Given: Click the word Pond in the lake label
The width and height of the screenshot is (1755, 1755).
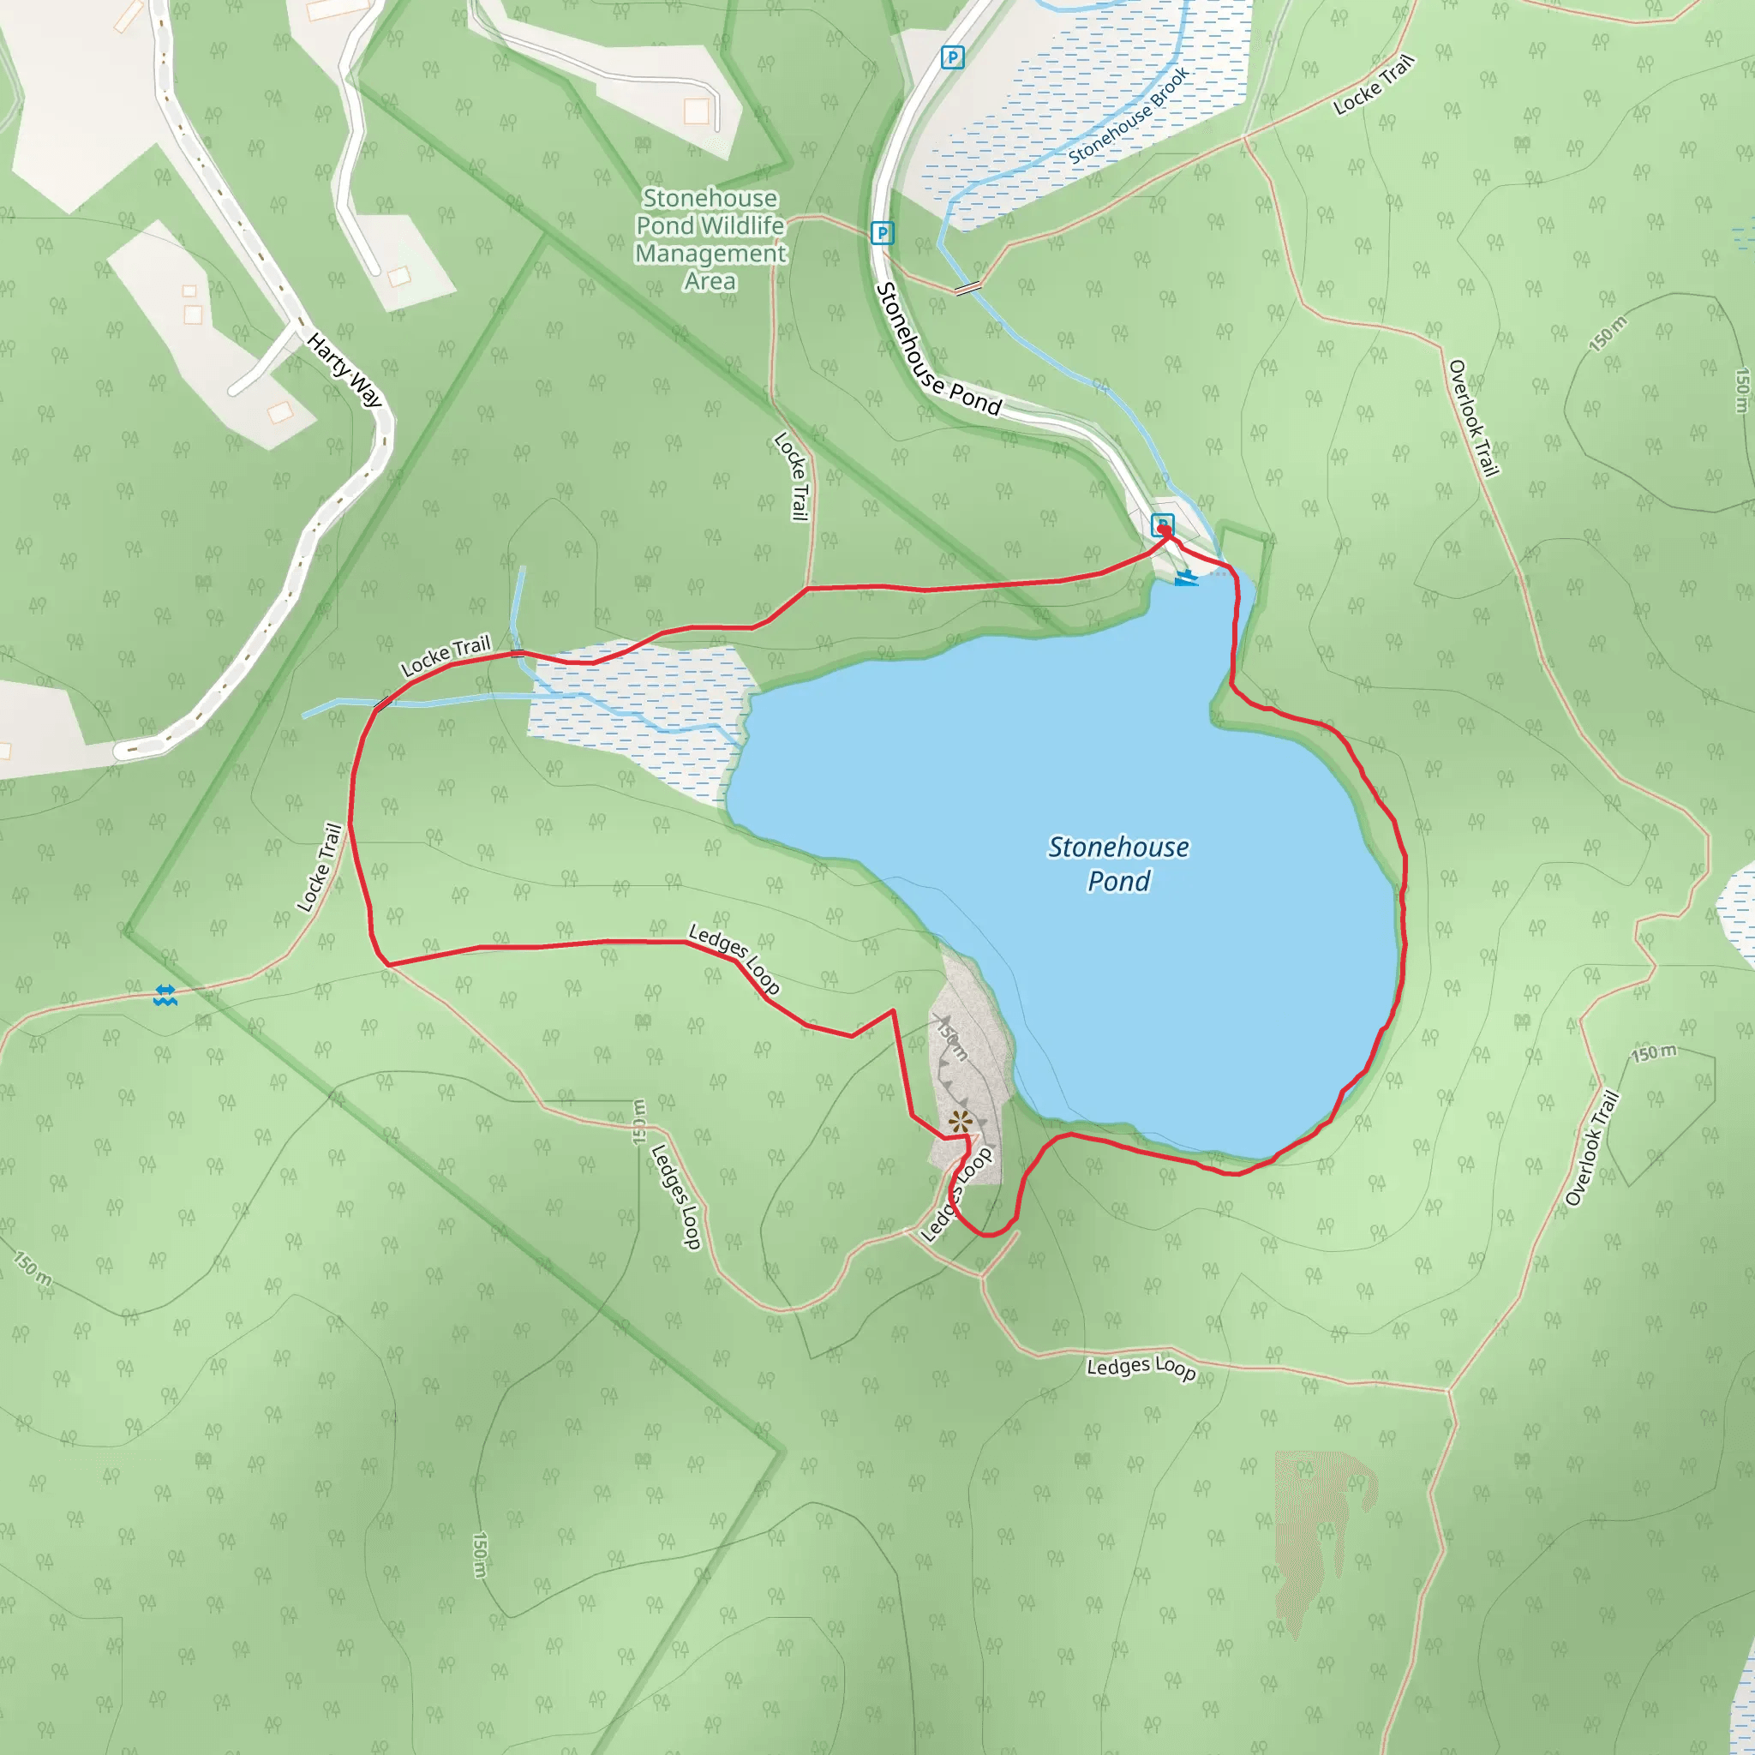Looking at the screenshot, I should [x=1118, y=881].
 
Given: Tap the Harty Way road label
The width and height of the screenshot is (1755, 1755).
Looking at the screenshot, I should [x=344, y=369].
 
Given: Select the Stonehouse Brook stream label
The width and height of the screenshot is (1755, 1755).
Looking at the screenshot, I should [x=1129, y=117].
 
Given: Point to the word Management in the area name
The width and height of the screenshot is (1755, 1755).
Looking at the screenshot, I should [x=710, y=254].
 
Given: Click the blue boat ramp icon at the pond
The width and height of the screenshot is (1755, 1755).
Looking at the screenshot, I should [x=1185, y=578].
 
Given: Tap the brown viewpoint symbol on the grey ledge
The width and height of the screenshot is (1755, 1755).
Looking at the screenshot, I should [x=959, y=1122].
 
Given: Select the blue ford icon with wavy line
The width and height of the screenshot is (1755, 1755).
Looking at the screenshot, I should [x=165, y=996].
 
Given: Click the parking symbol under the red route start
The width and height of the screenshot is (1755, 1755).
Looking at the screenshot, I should [x=1162, y=524].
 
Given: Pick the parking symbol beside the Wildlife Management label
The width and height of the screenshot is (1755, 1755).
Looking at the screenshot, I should [x=881, y=232].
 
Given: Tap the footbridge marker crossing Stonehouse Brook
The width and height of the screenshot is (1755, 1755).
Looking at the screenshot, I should [x=968, y=288].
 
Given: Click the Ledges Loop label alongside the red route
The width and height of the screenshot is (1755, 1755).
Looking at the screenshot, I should [x=734, y=959].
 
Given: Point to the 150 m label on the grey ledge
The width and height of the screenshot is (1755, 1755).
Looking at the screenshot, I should [x=953, y=1041].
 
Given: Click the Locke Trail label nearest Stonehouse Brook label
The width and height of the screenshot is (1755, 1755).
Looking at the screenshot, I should [x=1374, y=86].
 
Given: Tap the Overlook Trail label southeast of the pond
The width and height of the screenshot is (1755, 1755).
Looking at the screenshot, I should [x=1592, y=1149].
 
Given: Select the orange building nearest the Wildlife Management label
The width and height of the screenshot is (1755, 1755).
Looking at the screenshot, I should [x=697, y=111].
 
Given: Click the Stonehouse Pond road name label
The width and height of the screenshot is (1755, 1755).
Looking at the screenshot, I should [x=937, y=350].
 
